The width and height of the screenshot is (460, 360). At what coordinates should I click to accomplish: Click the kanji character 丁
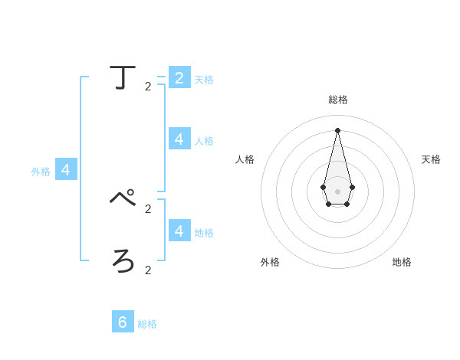pyautogui.click(x=123, y=77)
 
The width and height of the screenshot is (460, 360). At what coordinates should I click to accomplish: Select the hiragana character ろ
pyautogui.click(x=123, y=261)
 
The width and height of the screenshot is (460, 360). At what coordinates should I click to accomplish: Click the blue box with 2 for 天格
pyautogui.click(x=179, y=77)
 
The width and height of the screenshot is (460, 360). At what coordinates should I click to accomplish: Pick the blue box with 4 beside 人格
pyautogui.click(x=179, y=139)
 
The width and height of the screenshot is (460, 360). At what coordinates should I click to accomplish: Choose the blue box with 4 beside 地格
pyautogui.click(x=179, y=231)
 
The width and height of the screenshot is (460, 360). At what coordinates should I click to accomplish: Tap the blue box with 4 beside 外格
pyautogui.click(x=66, y=169)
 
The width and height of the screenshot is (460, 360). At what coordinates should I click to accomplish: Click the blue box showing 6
pyautogui.click(x=123, y=322)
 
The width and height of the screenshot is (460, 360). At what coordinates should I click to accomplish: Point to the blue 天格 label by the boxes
pyautogui.click(x=204, y=80)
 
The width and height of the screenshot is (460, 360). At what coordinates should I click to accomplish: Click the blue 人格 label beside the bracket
pyautogui.click(x=204, y=141)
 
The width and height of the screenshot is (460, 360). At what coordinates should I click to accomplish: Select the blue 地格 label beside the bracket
pyautogui.click(x=204, y=233)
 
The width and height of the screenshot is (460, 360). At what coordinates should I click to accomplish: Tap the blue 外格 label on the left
pyautogui.click(x=41, y=172)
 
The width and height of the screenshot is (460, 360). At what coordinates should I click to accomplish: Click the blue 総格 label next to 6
pyautogui.click(x=147, y=324)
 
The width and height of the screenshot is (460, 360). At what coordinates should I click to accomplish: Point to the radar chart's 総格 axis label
pyautogui.click(x=338, y=100)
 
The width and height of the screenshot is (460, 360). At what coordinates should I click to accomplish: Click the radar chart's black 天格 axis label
pyautogui.click(x=431, y=159)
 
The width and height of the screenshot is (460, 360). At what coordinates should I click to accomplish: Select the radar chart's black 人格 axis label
pyautogui.click(x=245, y=159)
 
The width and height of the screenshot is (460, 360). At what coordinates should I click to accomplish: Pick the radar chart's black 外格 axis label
pyautogui.click(x=270, y=262)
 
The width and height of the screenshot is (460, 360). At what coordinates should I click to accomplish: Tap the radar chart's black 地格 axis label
pyautogui.click(x=402, y=262)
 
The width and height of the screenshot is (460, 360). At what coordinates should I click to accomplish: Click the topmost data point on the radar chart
pyautogui.click(x=337, y=129)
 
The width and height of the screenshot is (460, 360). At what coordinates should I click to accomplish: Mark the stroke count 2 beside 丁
pyautogui.click(x=148, y=87)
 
